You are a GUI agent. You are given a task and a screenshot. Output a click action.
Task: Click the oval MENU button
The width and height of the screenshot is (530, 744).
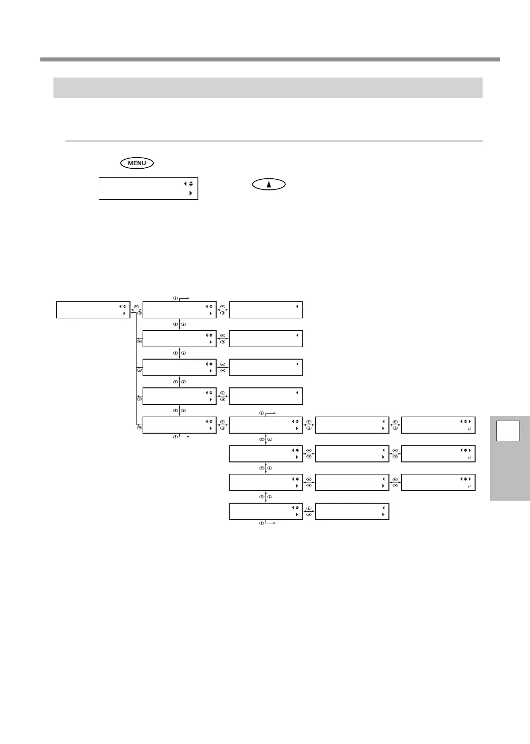point(137,163)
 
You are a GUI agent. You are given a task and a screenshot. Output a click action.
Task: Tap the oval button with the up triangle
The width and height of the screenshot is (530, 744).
point(269,184)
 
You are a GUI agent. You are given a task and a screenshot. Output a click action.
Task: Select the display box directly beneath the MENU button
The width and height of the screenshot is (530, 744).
point(148,188)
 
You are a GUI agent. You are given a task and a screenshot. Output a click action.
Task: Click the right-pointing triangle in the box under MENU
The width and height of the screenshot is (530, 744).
point(190,193)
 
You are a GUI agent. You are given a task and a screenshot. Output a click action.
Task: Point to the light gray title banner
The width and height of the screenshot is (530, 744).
point(268,87)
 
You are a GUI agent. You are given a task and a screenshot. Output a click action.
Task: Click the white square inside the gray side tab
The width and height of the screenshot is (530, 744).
point(508,431)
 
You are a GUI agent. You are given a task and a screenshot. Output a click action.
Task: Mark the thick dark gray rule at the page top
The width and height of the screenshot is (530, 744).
point(270,59)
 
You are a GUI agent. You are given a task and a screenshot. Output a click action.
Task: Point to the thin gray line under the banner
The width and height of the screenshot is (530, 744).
point(274,141)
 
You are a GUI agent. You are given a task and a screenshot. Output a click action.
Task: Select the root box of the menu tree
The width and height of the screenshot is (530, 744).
point(93,310)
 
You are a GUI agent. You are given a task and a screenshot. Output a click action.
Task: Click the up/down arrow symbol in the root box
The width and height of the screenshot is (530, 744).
point(124,306)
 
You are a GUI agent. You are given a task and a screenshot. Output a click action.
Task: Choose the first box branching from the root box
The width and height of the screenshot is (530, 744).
point(179,310)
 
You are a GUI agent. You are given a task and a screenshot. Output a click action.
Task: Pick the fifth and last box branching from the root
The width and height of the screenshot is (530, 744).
point(179,425)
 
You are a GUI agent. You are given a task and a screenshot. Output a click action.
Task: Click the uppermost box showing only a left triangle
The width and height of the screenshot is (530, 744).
point(266,310)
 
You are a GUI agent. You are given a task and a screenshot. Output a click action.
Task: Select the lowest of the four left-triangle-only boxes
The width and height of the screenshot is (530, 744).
point(266,396)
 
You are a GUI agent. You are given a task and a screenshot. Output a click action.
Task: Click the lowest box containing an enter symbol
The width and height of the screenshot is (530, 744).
point(438,482)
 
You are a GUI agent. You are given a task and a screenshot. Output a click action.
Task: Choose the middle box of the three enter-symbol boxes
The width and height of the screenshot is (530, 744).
point(438,453)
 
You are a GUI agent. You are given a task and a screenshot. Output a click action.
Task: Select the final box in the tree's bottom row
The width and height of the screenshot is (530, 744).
point(352,511)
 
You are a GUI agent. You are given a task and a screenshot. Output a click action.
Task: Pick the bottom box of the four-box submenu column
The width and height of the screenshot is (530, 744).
point(266,511)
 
